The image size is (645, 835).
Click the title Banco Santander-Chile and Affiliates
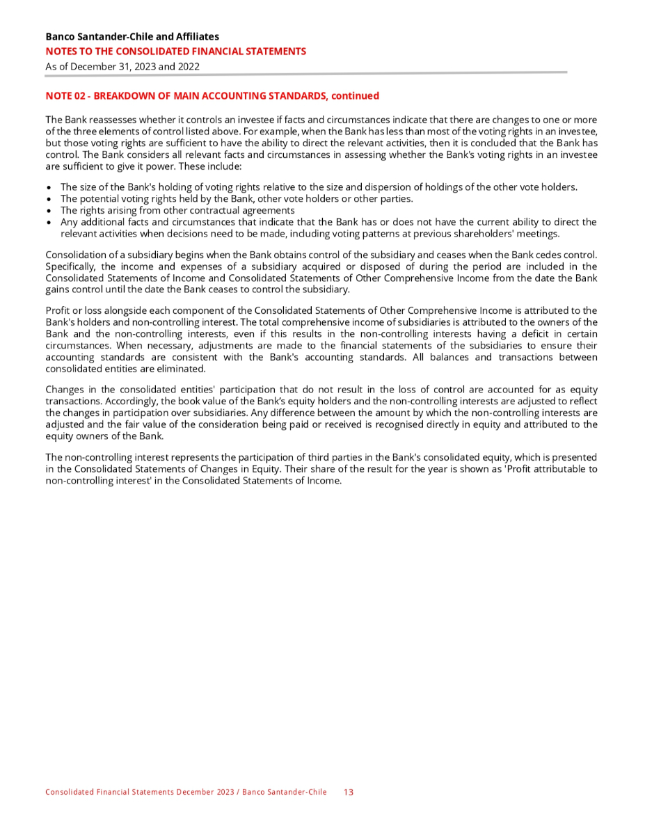(x=132, y=36)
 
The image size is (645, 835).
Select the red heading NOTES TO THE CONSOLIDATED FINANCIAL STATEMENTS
(x=175, y=51)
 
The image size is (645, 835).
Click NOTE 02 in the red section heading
(x=64, y=96)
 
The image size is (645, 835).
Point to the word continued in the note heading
(x=356, y=96)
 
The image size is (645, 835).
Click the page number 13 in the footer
(x=349, y=792)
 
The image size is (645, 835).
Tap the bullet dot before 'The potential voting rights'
(x=48, y=199)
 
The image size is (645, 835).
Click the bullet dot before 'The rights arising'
(x=48, y=211)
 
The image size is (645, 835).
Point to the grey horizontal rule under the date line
(x=306, y=72)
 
